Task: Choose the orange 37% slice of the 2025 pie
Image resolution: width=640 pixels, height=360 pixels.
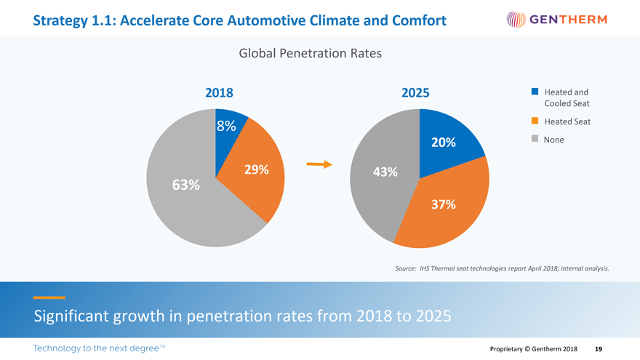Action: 444,207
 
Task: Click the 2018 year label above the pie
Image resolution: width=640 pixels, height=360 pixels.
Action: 219,93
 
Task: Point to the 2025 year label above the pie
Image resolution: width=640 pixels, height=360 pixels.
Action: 415,93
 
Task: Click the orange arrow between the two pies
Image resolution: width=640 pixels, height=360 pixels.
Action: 319,164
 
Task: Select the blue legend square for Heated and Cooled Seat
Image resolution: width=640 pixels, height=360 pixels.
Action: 535,92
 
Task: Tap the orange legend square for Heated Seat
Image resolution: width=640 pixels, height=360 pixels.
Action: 535,121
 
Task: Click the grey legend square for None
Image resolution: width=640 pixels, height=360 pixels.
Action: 535,138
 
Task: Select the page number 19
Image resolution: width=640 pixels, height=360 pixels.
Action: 598,349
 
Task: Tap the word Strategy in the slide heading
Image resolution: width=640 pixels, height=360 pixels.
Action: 60,20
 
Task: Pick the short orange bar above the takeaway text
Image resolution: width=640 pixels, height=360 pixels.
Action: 49,297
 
